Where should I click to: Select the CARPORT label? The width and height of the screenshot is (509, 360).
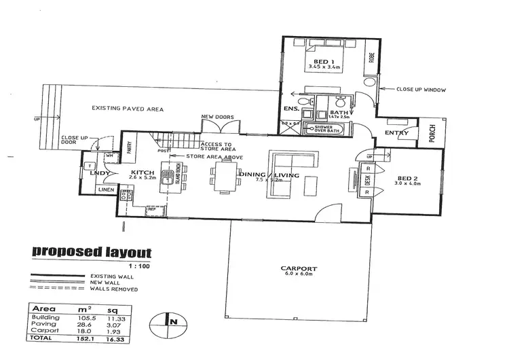pos(301,269)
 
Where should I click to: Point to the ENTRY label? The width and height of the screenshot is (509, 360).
pos(396,133)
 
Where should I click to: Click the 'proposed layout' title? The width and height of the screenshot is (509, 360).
pos(92,253)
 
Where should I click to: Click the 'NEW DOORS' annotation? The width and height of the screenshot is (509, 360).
pos(218,118)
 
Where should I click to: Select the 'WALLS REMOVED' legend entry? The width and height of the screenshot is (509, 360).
pos(118,289)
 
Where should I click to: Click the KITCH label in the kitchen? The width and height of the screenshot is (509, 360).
pos(144,173)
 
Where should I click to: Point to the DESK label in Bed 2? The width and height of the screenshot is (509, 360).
pos(367,180)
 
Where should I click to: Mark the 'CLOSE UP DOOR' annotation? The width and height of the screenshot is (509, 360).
pos(76,139)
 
